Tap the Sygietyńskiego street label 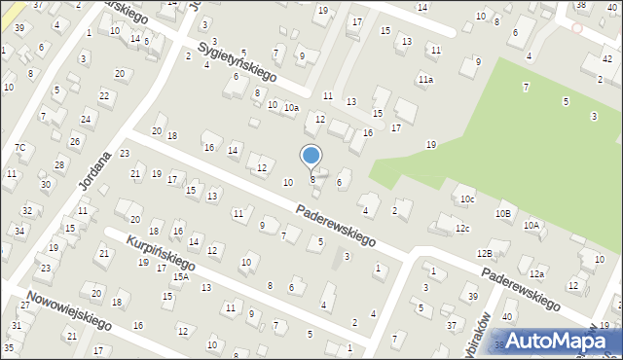[x=238, y=61]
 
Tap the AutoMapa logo [x=568, y=342]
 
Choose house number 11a [x=425, y=79]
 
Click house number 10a [x=291, y=108]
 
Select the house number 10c [x=468, y=199]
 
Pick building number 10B [x=502, y=213]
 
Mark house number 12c [x=462, y=229]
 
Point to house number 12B [x=485, y=253]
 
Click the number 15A [x=181, y=276]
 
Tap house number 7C [x=19, y=148]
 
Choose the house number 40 [x=507, y=317]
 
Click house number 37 [x=451, y=324]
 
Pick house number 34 [x=19, y=231]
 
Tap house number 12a [x=536, y=273]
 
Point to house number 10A [x=531, y=225]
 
